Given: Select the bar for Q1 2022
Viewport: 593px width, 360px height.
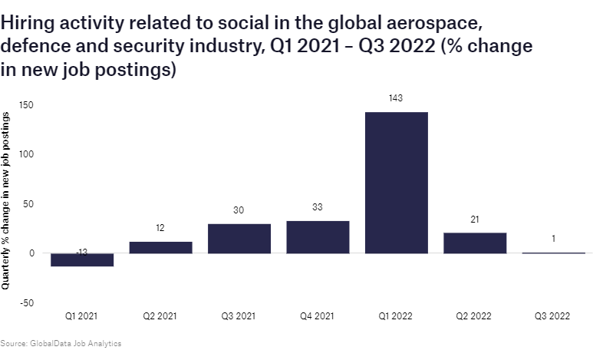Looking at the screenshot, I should coord(396,183).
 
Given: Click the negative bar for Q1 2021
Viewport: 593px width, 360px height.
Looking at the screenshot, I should coord(81,259).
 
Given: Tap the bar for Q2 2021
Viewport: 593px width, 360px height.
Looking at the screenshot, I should coord(160,247).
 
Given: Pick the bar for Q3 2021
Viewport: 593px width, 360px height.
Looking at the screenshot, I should coord(239,238).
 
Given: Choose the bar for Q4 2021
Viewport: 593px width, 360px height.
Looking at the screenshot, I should coord(318,237).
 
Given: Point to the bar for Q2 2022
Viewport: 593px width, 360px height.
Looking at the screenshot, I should coord(475,243).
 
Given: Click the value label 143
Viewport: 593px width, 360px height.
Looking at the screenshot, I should coord(396,98).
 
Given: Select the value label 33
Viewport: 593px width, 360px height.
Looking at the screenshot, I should coord(318,206).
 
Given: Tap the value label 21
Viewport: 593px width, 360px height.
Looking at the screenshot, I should coord(475,219).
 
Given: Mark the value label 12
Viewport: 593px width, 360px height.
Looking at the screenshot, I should coord(160,228).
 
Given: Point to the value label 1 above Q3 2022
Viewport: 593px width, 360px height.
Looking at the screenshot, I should coord(553,239).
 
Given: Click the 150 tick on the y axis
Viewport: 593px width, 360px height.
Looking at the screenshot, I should coord(27,104).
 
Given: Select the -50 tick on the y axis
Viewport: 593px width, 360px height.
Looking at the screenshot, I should coord(27,303).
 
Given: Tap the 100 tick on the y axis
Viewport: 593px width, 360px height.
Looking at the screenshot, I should coord(27,154).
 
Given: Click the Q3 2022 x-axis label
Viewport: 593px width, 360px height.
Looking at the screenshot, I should coord(553,315).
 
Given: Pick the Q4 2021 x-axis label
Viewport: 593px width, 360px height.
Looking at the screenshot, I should coord(318,315).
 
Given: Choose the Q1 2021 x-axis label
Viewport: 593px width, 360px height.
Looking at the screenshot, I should coord(81,315).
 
